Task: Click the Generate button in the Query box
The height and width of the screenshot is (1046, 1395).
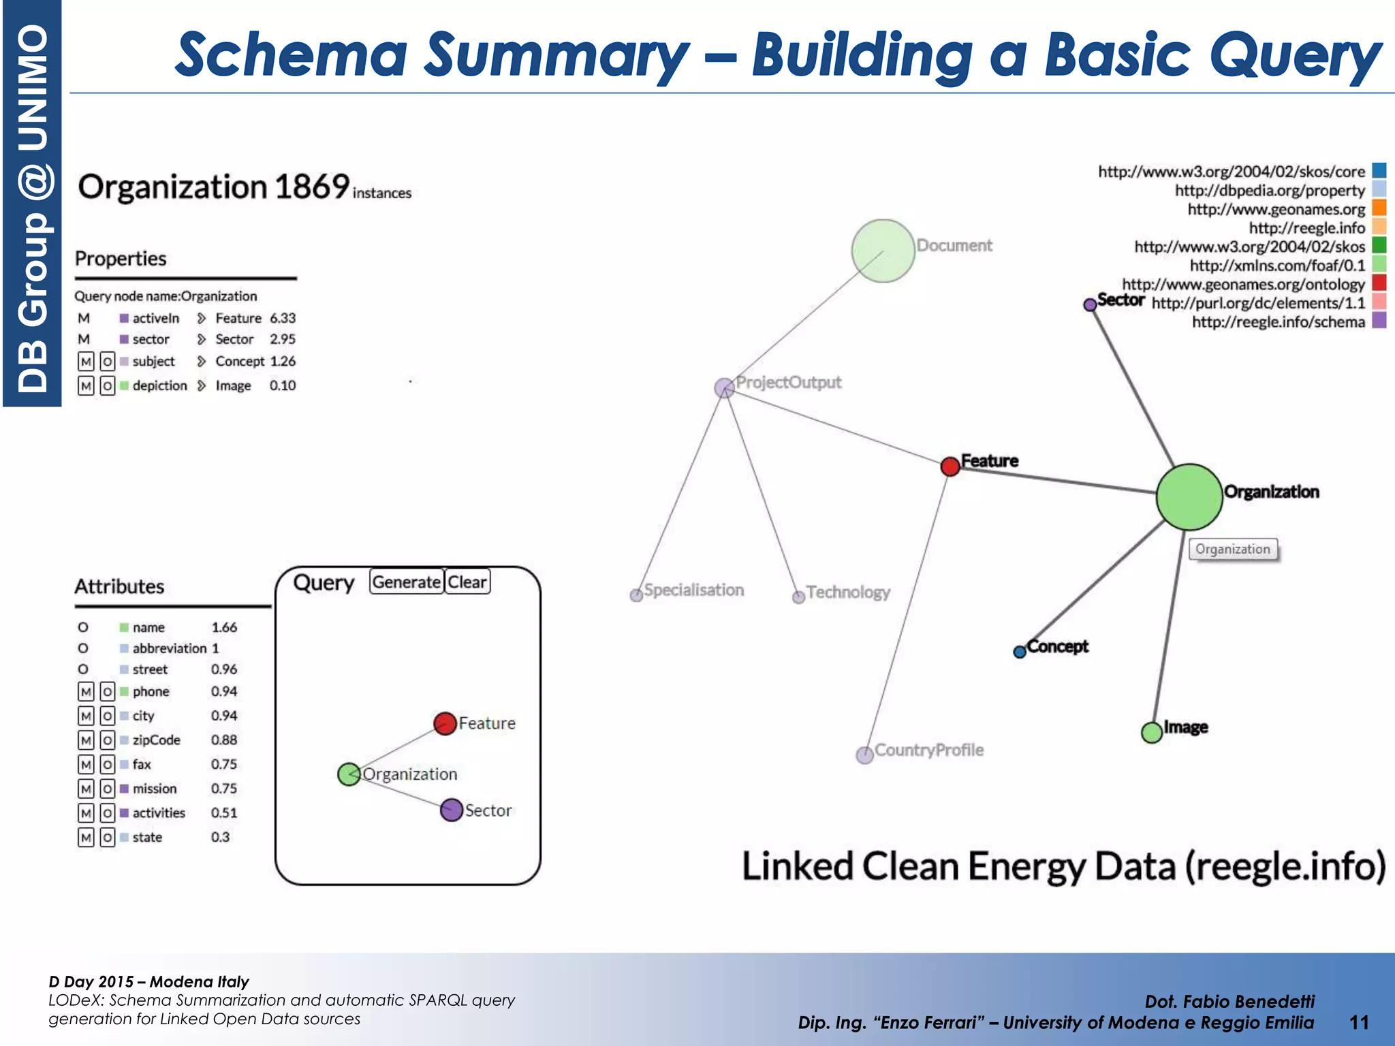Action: pyautogui.click(x=406, y=582)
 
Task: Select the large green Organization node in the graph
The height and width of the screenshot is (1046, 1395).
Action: pyautogui.click(x=1189, y=497)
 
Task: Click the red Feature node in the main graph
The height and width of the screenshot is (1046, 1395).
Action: pyautogui.click(x=950, y=466)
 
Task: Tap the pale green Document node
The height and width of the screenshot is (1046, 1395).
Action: pyautogui.click(x=883, y=251)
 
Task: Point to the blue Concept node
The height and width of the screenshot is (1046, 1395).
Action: pyautogui.click(x=1019, y=652)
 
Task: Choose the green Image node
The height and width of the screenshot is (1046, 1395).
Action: pyautogui.click(x=1151, y=733)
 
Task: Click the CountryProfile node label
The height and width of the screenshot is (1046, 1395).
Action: pyautogui.click(x=928, y=750)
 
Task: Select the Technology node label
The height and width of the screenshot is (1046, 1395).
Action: pyautogui.click(x=848, y=592)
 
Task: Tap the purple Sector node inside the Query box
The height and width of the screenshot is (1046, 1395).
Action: pyautogui.click(x=451, y=810)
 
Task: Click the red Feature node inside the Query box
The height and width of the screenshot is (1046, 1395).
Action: pyautogui.click(x=445, y=723)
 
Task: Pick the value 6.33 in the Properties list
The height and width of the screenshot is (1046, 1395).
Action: pyautogui.click(x=283, y=318)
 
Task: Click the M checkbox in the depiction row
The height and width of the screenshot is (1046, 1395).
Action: pyautogui.click(x=85, y=386)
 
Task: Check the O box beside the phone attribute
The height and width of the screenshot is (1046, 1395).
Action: pyautogui.click(x=107, y=692)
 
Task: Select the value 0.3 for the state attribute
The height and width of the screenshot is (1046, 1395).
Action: pyautogui.click(x=220, y=837)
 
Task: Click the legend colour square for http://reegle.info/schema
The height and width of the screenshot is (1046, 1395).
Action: pyautogui.click(x=1379, y=321)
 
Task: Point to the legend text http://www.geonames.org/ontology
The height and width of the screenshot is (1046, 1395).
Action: pyautogui.click(x=1243, y=284)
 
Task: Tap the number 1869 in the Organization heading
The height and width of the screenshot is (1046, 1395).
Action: pyautogui.click(x=312, y=187)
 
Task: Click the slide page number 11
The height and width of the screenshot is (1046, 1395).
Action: pyautogui.click(x=1359, y=1022)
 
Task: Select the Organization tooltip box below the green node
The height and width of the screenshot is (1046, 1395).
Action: pyautogui.click(x=1233, y=549)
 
